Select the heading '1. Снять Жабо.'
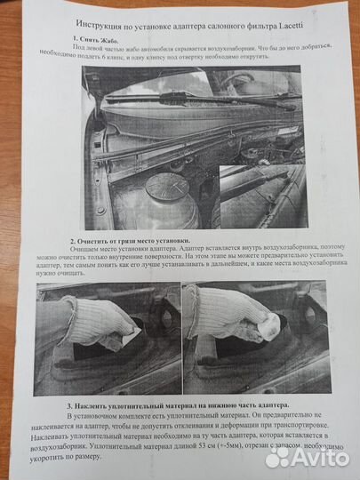point(98,41)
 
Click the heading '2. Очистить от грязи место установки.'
point(130,241)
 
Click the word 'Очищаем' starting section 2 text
point(85,252)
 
